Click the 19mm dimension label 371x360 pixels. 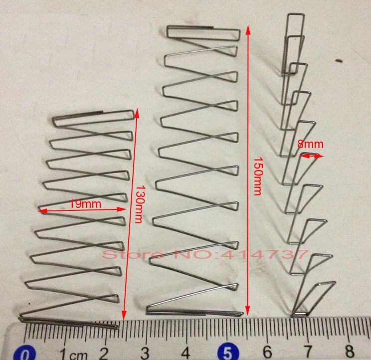[85, 203]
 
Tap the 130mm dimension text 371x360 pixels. [139, 204]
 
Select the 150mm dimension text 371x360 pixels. [258, 176]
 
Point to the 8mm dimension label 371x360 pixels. [310, 144]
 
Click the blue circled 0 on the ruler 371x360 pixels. [24, 354]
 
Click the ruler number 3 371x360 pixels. [145, 353]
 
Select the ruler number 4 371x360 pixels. [185, 353]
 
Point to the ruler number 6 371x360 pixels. [267, 352]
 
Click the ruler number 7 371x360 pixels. [308, 352]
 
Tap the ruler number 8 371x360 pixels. [350, 351]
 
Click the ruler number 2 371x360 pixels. [104, 354]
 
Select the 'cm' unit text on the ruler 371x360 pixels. [79, 356]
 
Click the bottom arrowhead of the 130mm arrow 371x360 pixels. [124, 315]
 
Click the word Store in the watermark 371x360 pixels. [133, 255]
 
